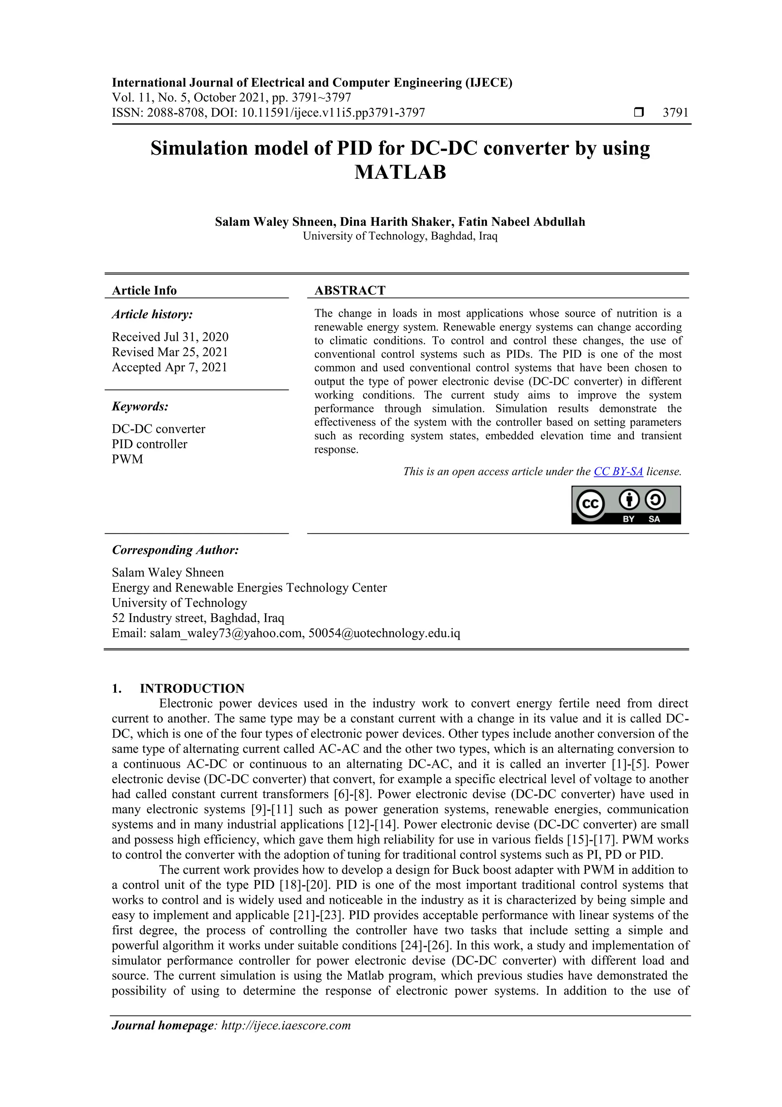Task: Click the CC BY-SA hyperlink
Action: [618, 472]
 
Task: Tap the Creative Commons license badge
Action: [626, 505]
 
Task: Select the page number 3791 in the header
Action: [675, 113]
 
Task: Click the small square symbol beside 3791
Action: [638, 113]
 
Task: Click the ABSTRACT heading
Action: [350, 290]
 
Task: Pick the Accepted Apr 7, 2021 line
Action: [169, 367]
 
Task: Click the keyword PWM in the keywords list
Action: [127, 459]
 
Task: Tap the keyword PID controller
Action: [149, 444]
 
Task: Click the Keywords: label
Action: [140, 407]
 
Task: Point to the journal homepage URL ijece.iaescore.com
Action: [286, 1026]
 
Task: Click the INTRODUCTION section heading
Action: [192, 688]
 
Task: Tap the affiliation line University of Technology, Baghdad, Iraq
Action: [400, 236]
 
